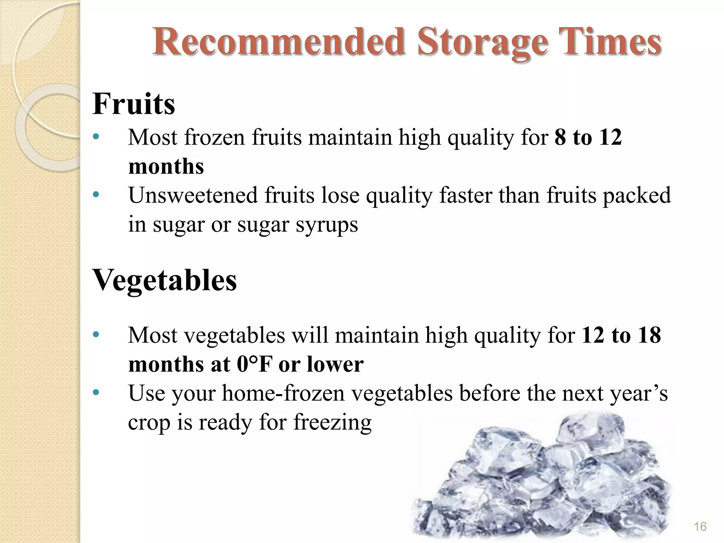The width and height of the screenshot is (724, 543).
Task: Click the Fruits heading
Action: [x=134, y=104]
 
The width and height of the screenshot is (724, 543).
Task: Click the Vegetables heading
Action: [x=164, y=281]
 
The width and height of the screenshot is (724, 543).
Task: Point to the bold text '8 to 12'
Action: [x=588, y=137]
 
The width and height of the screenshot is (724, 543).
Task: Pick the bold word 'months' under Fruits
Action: [x=166, y=166]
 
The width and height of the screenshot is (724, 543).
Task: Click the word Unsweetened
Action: [x=193, y=195]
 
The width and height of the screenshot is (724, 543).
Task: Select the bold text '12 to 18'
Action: [x=621, y=335]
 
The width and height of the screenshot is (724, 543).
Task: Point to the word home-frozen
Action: [x=283, y=393]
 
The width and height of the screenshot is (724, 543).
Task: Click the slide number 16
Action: [x=700, y=527]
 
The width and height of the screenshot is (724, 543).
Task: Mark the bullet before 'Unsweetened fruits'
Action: [x=95, y=195]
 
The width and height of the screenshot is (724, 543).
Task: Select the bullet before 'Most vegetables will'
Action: [x=95, y=335]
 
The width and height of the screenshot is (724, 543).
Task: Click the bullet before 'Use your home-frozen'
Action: [x=95, y=393]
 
